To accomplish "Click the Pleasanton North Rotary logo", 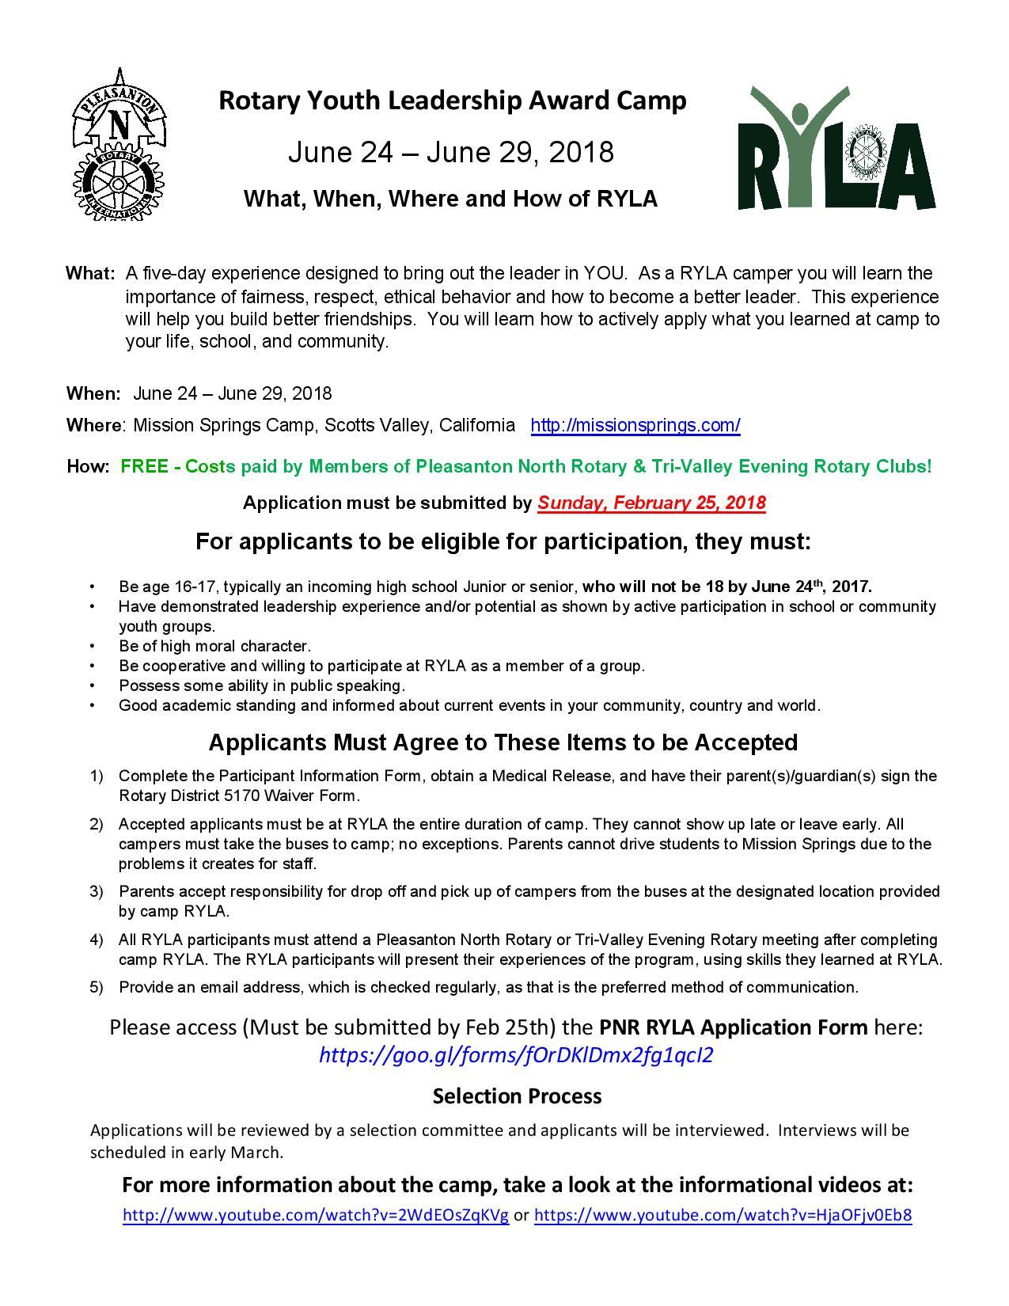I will point(119,147).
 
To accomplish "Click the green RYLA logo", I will point(836,149).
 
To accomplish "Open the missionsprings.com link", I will point(635,425).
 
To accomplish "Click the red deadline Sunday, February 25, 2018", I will point(651,503).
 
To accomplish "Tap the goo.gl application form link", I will point(515,1055).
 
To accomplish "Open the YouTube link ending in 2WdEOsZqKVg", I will point(316,1215).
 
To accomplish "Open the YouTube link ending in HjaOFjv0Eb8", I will point(723,1215).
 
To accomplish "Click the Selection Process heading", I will point(517,1096).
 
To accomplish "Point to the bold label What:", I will point(90,274).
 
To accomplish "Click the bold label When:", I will point(93,393).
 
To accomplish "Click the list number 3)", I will point(97,891).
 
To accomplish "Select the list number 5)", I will point(97,987).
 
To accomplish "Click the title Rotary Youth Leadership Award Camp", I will point(452,101).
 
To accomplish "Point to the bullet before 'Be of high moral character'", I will point(93,646).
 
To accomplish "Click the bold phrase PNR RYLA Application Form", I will point(733,1027).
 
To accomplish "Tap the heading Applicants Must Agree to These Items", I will point(503,742).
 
